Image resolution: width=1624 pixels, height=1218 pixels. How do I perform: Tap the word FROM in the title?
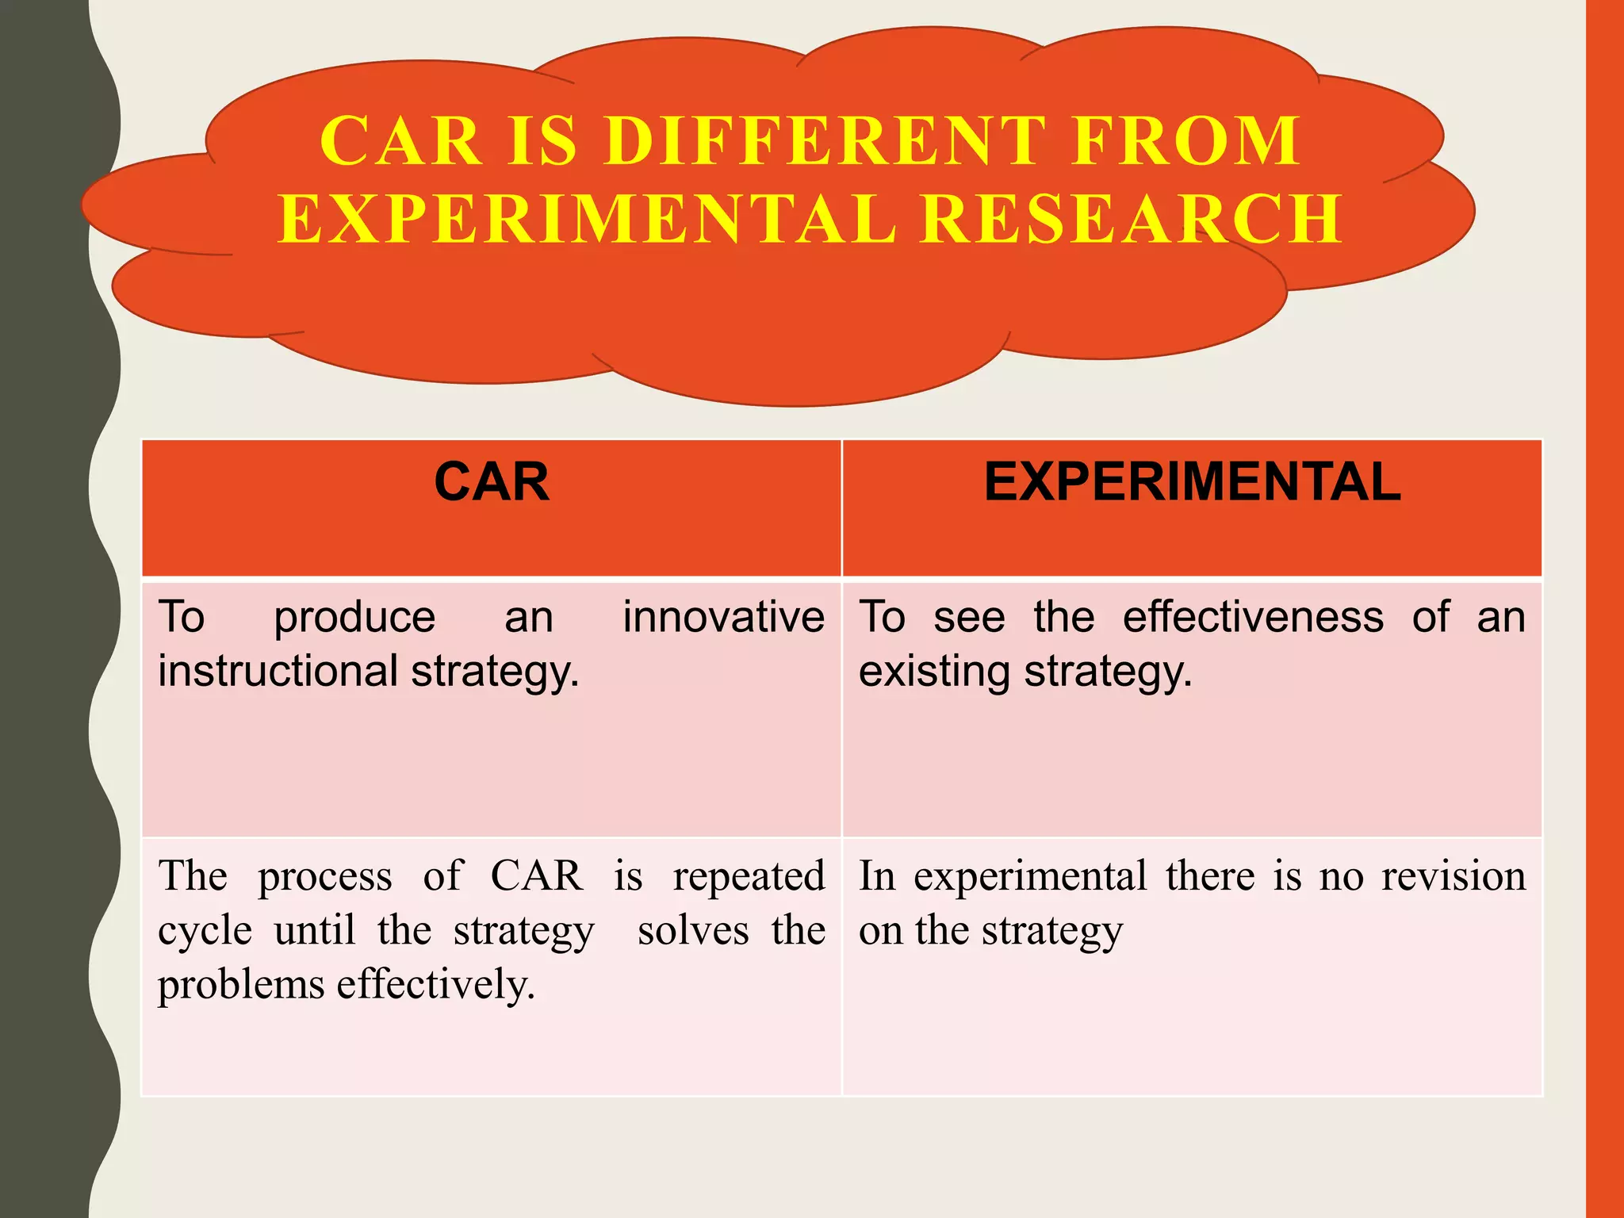1186,141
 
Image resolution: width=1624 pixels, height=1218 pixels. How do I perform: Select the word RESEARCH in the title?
1132,219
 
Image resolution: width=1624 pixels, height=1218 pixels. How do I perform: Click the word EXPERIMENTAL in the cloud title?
588,219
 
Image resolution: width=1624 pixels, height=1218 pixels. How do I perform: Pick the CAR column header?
492,482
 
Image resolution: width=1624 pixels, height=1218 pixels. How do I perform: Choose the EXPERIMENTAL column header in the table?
1193,482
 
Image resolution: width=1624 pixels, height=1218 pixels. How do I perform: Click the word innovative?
723,617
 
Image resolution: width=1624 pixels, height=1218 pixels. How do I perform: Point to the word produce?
354,619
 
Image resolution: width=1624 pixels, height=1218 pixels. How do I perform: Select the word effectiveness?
1253,617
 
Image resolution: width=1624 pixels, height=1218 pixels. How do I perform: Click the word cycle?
205,932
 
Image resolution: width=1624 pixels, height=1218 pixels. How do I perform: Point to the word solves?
693,930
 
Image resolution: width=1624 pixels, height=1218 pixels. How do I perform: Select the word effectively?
436,984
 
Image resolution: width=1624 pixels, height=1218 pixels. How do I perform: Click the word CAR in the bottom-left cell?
537,877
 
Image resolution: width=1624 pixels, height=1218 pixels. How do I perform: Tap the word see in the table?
969,619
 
